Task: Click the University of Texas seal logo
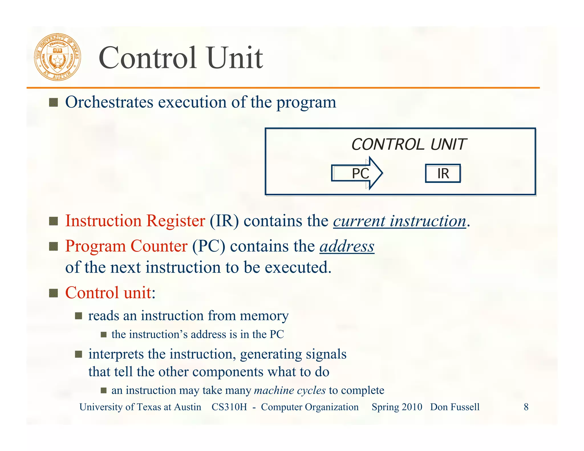(58, 57)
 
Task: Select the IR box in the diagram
(443, 173)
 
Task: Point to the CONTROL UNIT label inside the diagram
(408, 145)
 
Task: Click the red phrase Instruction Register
(135, 221)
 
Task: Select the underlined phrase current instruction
(399, 221)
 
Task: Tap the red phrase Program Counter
(126, 246)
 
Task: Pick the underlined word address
(347, 247)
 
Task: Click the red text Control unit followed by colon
(110, 293)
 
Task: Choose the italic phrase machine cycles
(290, 390)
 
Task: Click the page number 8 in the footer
(526, 407)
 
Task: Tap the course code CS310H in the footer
(229, 407)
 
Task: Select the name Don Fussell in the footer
(455, 407)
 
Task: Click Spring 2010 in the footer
(397, 407)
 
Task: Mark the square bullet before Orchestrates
(53, 102)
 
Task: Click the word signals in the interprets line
(326, 354)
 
